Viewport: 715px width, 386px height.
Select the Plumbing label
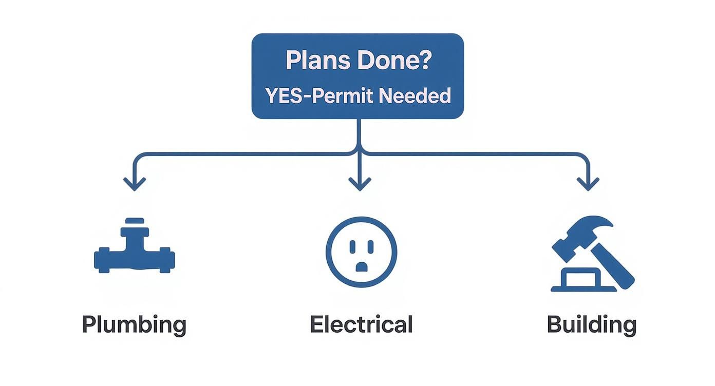pos(134,324)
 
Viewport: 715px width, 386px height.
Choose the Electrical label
pos(361,324)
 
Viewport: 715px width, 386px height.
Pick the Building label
pos(591,324)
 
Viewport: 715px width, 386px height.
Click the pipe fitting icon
pos(135,252)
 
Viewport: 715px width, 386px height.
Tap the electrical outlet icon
pos(361,252)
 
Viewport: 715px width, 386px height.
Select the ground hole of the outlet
pos(362,266)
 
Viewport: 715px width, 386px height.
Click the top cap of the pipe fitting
pos(135,221)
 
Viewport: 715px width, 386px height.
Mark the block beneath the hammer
pos(583,280)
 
